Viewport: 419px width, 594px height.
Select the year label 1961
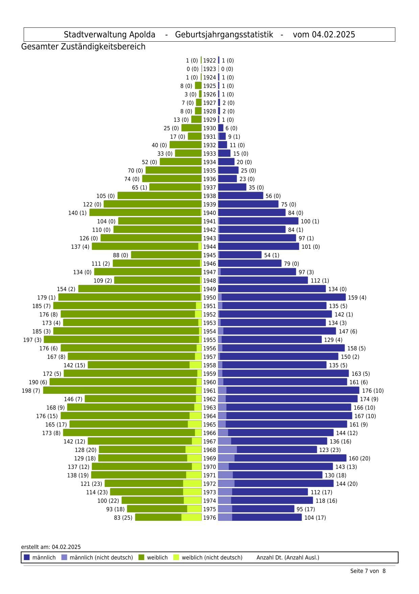(x=209, y=390)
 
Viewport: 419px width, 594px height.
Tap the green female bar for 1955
(x=122, y=340)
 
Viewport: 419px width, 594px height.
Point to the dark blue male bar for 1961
(x=293, y=390)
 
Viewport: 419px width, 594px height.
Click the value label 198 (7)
(x=31, y=390)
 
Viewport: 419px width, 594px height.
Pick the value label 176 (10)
(x=373, y=390)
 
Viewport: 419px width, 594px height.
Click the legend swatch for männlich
(x=27, y=557)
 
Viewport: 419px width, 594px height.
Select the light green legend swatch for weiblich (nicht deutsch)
(x=176, y=557)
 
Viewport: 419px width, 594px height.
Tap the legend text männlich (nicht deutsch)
(x=101, y=557)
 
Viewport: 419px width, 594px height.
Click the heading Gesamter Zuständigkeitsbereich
(x=83, y=47)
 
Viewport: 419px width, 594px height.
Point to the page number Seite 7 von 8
(x=368, y=571)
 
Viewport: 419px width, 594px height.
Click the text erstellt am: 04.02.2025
(x=51, y=547)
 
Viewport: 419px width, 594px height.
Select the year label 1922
(x=209, y=60)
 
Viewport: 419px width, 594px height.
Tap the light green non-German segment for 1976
(x=191, y=517)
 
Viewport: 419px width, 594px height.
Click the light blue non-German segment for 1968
(x=227, y=450)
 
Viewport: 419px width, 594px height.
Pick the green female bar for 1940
(x=145, y=213)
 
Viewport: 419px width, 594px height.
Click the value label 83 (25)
(x=123, y=517)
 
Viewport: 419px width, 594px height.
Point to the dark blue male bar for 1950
(x=284, y=297)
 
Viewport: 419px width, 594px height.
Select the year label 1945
(x=209, y=255)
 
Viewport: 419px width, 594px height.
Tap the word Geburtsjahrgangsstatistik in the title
(x=224, y=35)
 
